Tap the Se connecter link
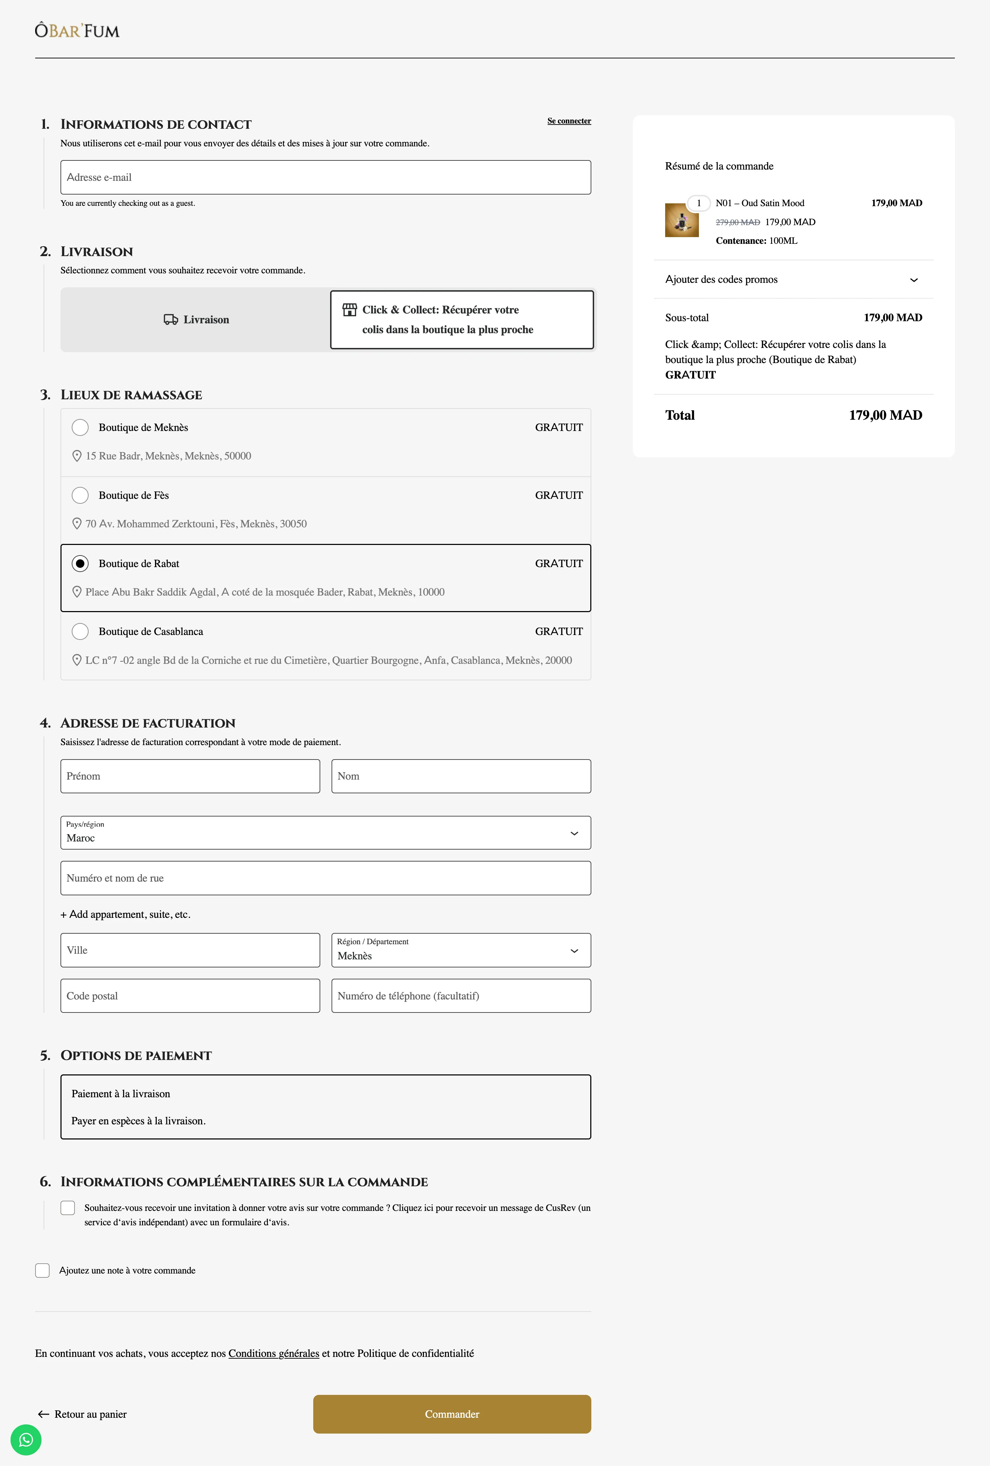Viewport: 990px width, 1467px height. (x=568, y=121)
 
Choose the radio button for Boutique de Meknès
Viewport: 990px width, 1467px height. (x=80, y=427)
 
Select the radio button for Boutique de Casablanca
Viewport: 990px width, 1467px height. (x=80, y=631)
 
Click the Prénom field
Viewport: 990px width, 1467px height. (x=190, y=776)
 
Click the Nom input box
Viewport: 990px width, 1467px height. (x=461, y=776)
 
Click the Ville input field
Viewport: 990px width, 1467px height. (x=190, y=950)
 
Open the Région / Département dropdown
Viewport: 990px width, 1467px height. (x=461, y=950)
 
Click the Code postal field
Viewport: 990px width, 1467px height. (x=190, y=996)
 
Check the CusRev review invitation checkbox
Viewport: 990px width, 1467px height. (x=67, y=1208)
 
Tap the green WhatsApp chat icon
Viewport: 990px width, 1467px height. (x=26, y=1440)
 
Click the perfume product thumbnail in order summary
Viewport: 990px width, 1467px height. (x=681, y=220)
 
